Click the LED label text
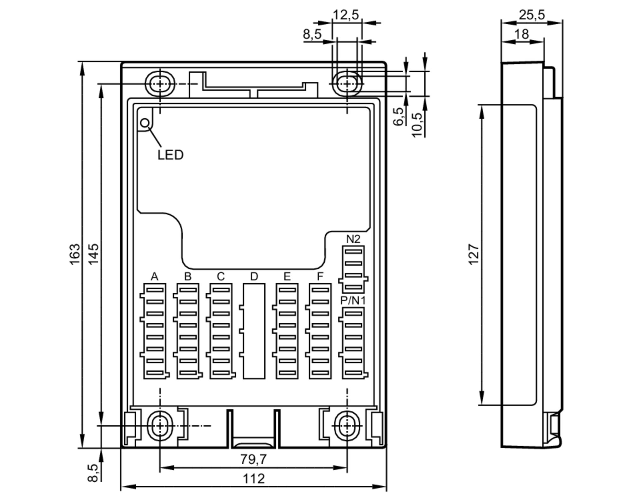click(170, 155)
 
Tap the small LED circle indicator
click(145, 123)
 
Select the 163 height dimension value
click(75, 255)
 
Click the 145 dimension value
click(93, 255)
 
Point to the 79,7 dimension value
click(253, 459)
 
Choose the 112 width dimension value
click(253, 479)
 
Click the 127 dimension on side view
click(474, 255)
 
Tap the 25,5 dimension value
click(532, 15)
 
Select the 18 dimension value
click(522, 34)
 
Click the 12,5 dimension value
click(346, 15)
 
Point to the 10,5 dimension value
click(417, 124)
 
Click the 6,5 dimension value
click(398, 117)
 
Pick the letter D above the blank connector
click(254, 277)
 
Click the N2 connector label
click(353, 239)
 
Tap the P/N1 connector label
click(353, 301)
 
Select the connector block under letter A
click(155, 331)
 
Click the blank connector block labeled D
click(254, 331)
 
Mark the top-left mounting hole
click(160, 84)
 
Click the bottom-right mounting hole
click(347, 426)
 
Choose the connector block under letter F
click(320, 331)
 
